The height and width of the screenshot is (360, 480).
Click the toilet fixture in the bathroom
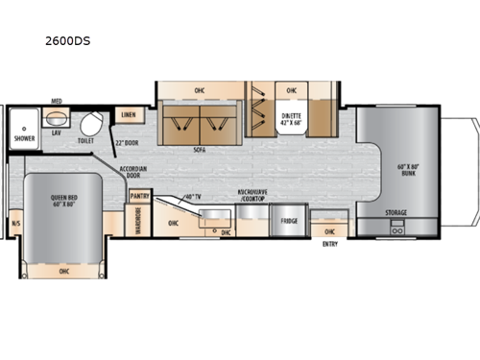(91, 123)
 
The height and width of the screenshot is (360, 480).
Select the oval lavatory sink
(57, 119)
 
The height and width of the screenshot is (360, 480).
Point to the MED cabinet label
(57, 101)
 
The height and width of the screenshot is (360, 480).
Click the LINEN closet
(128, 115)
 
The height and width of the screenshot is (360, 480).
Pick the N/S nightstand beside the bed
(15, 225)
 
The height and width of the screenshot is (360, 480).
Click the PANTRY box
(139, 195)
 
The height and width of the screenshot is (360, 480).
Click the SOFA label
(201, 150)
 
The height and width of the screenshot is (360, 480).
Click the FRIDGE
(289, 221)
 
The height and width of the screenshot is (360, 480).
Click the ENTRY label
(329, 244)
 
